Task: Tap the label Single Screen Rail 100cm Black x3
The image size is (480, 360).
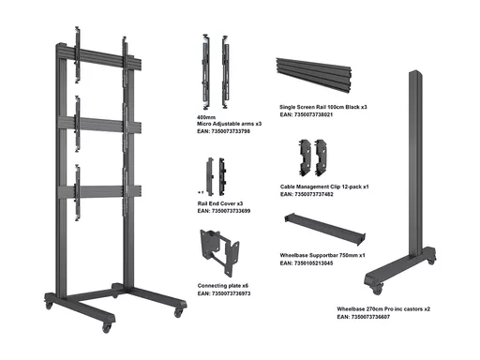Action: click(x=323, y=107)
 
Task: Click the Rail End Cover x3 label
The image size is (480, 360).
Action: click(x=220, y=203)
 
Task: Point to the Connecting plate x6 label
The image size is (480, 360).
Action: click(x=223, y=286)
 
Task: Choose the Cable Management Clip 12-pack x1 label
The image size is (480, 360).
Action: click(x=324, y=187)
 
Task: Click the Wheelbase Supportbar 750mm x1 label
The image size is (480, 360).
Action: click(x=322, y=255)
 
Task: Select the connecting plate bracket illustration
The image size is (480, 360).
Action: click(x=219, y=252)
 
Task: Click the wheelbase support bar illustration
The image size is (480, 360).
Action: click(x=325, y=230)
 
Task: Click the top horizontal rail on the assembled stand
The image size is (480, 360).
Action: click(x=98, y=59)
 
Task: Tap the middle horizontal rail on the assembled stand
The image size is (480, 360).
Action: click(x=99, y=125)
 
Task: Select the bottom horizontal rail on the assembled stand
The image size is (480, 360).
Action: click(x=99, y=191)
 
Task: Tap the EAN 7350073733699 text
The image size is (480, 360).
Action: click(x=224, y=211)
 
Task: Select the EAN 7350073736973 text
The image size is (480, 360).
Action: click(x=224, y=293)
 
